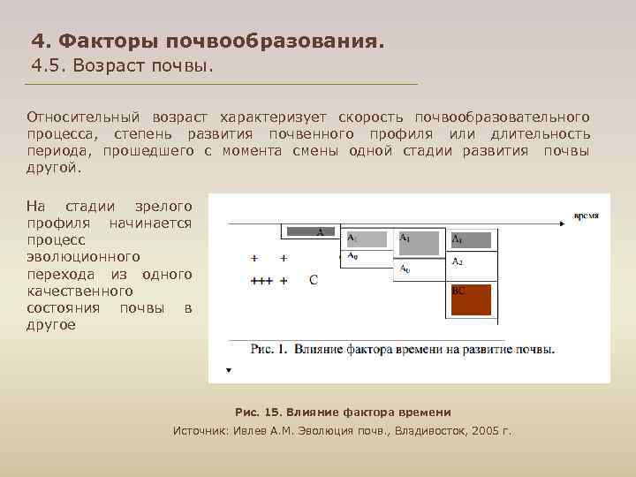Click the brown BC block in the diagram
coord(470,300)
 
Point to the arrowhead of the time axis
coord(562,224)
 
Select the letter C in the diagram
coord(314,280)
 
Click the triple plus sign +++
coord(261,281)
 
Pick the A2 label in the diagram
coord(458,261)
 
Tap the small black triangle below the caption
coord(229,370)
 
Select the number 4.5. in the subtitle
coord(49,66)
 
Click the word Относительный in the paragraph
coord(85,117)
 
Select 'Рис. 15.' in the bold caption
coord(259,413)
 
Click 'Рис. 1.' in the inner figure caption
coord(269,349)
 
